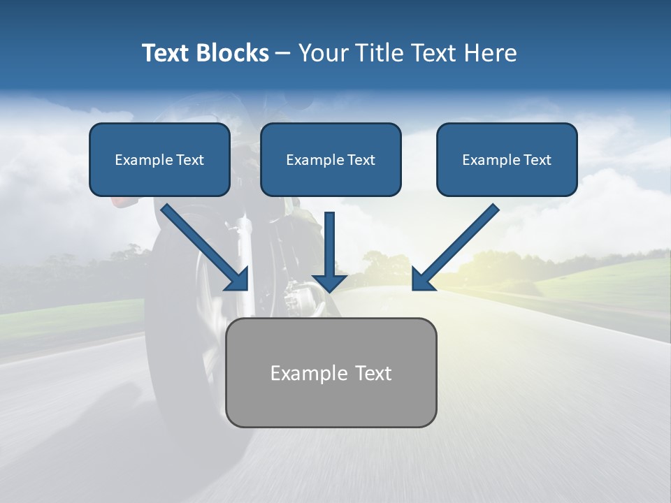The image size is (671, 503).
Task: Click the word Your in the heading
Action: [323, 53]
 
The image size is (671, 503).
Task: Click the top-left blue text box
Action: [159, 159]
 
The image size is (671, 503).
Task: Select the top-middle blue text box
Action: [331, 159]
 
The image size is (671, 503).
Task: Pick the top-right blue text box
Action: [507, 159]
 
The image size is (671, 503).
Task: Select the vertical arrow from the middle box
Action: [329, 245]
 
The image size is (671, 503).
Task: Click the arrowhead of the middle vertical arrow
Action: [329, 281]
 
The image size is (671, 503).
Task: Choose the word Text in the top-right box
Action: [537, 160]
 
